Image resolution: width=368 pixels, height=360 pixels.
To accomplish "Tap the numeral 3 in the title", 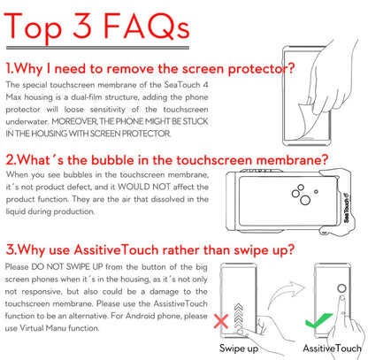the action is tap(82, 26).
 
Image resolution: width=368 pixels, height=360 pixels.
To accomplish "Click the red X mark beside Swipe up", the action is tap(221, 321).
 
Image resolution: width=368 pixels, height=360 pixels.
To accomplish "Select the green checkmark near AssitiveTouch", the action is tap(318, 321).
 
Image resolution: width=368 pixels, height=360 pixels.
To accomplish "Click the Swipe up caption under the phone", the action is tap(239, 349).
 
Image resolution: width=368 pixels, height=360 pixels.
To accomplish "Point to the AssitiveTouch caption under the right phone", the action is tap(332, 349).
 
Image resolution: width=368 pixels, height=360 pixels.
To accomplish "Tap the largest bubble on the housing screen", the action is tap(305, 200).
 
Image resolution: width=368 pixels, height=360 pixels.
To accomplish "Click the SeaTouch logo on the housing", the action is tap(347, 208).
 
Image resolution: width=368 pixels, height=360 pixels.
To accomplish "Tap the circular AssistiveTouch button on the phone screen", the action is tap(341, 288).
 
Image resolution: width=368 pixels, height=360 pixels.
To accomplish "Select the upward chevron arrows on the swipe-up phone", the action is tap(238, 317).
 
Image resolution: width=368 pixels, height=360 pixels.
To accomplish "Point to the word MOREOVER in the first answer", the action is tap(74, 121).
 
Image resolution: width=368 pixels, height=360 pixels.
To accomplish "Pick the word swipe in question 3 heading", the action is tap(251, 250).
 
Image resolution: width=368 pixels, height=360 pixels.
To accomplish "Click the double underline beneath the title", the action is tap(97, 48).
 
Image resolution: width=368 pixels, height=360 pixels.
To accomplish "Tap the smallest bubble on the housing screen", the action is tap(316, 191).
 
